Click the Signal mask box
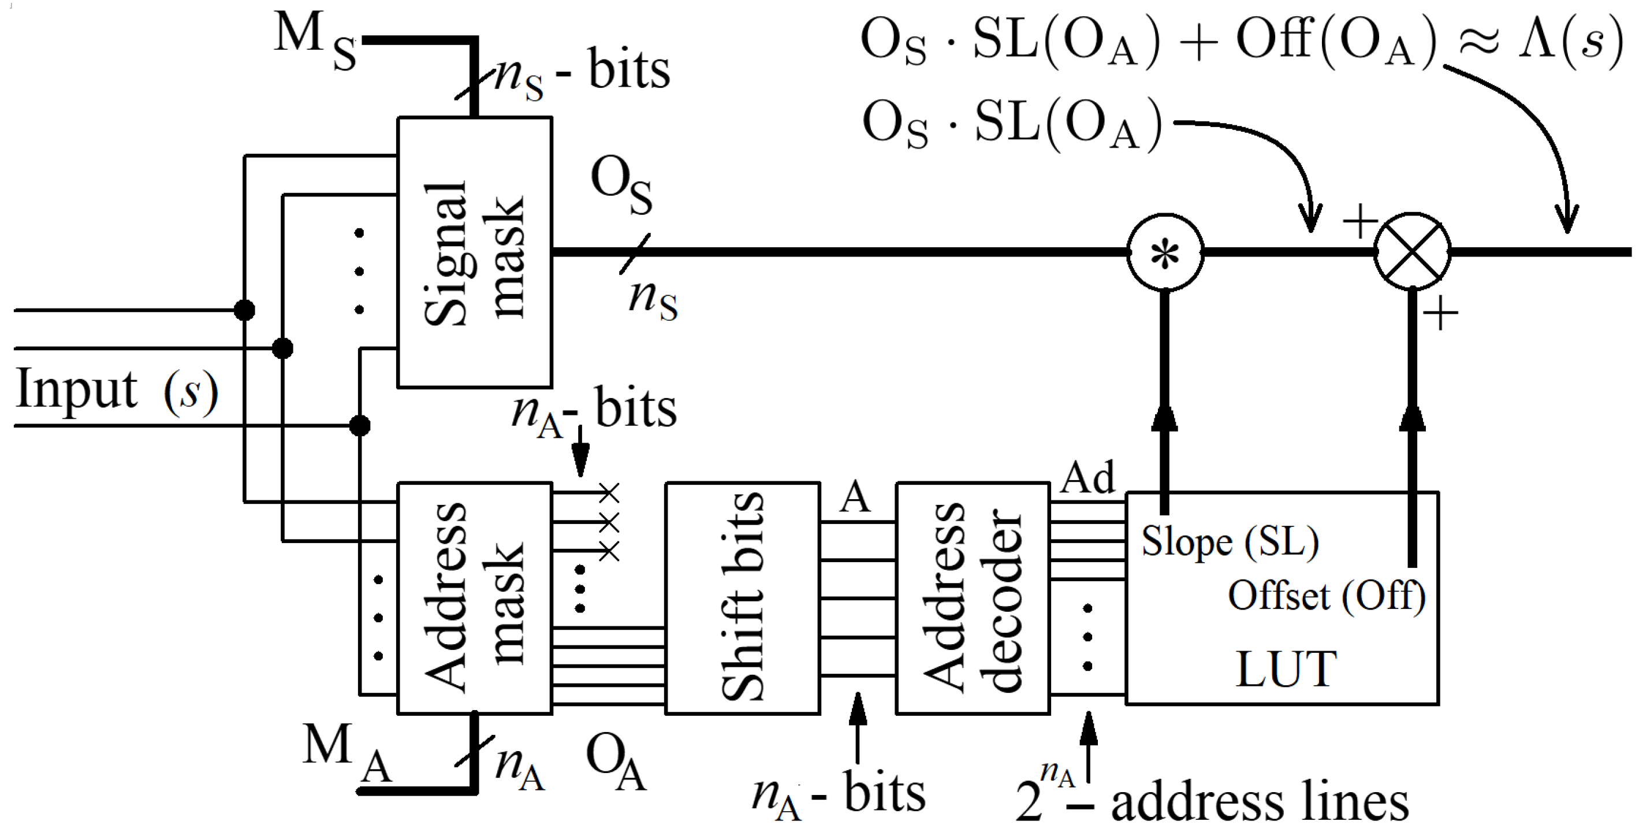click(474, 252)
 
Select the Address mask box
click(474, 599)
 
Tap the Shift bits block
click(742, 599)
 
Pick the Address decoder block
click(972, 599)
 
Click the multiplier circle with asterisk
click(1165, 252)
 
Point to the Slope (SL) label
click(1229, 542)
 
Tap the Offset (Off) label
click(1327, 596)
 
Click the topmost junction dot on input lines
click(244, 310)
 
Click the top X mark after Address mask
click(609, 493)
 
